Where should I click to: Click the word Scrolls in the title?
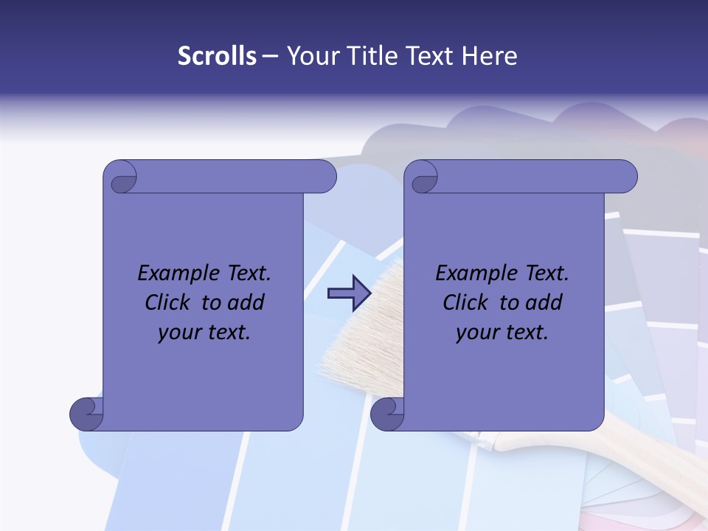point(217,56)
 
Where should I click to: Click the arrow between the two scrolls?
point(348,294)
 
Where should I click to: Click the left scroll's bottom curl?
point(86,414)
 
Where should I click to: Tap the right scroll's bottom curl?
point(387,414)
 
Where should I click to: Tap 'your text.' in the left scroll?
point(204,333)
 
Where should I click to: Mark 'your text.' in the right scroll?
point(502,333)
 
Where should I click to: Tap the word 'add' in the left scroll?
point(246,302)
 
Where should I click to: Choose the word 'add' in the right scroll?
point(544,302)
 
